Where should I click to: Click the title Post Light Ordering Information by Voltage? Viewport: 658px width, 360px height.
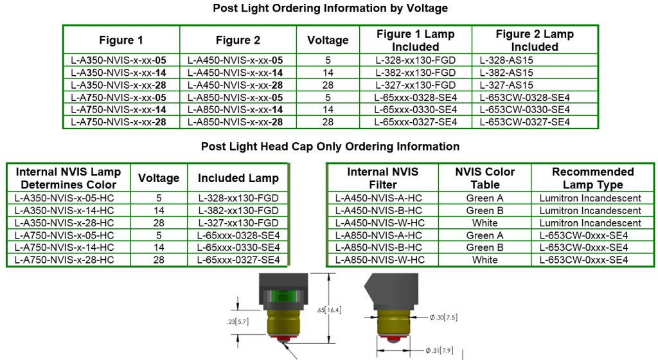click(x=330, y=8)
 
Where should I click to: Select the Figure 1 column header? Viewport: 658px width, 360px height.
click(x=121, y=40)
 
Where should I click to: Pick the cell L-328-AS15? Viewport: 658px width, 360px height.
click(x=506, y=60)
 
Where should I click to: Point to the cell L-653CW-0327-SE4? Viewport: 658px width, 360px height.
click(x=524, y=122)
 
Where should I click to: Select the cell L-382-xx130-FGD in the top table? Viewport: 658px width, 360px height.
click(x=415, y=73)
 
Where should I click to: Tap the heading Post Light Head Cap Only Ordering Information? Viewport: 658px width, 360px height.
click(x=330, y=147)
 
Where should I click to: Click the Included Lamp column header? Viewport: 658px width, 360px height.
click(x=238, y=178)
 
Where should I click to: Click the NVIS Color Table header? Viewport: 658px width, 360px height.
click(x=485, y=178)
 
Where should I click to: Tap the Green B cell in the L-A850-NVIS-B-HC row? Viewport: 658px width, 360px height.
click(x=485, y=248)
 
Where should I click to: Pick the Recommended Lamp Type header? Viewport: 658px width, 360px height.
click(x=592, y=178)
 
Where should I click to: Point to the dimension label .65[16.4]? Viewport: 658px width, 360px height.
click(x=330, y=310)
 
